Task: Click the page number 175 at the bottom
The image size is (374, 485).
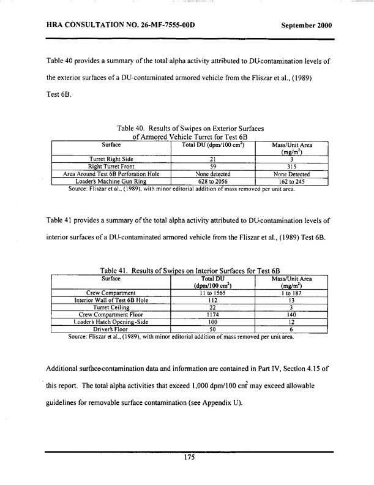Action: [189, 463]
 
